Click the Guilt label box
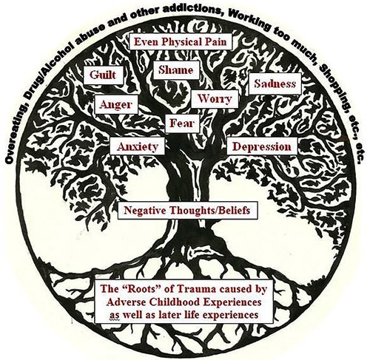pos(103,75)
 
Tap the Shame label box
pos(176,70)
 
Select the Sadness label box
pos(275,84)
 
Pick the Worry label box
pos(215,99)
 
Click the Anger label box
pos(116,104)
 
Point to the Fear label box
pos(182,123)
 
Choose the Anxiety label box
pos(138,146)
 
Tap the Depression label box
pos(262,146)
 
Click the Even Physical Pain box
pos(181,41)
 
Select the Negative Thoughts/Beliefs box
pos(187,211)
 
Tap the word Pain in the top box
pos(216,41)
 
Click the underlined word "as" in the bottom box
pos(114,315)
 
